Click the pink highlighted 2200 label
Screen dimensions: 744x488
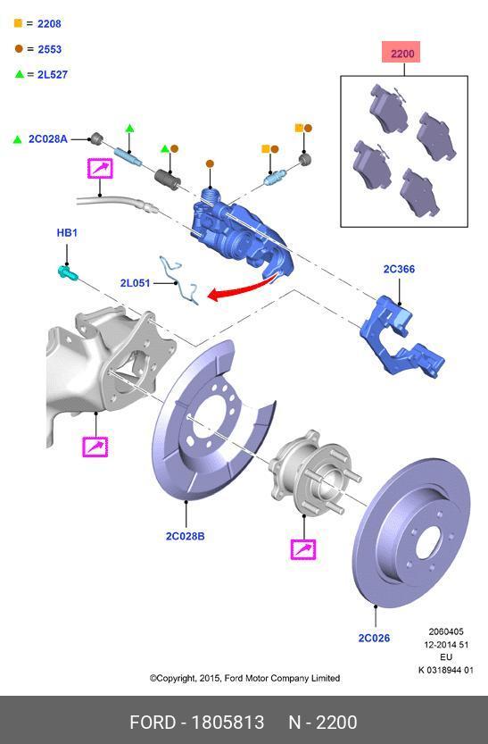pos(402,54)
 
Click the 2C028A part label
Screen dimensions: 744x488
pos(47,139)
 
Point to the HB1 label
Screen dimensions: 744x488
pos(67,233)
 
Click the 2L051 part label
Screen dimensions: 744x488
pos(134,283)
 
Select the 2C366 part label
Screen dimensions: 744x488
pos(399,269)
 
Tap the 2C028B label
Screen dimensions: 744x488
pos(185,536)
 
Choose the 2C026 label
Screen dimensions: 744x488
pos(375,638)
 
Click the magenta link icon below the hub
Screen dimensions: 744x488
pos(304,549)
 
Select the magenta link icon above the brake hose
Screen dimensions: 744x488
pos(100,168)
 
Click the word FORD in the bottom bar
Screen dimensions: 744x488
pos(153,722)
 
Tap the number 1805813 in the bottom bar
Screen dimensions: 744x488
pos(228,722)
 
